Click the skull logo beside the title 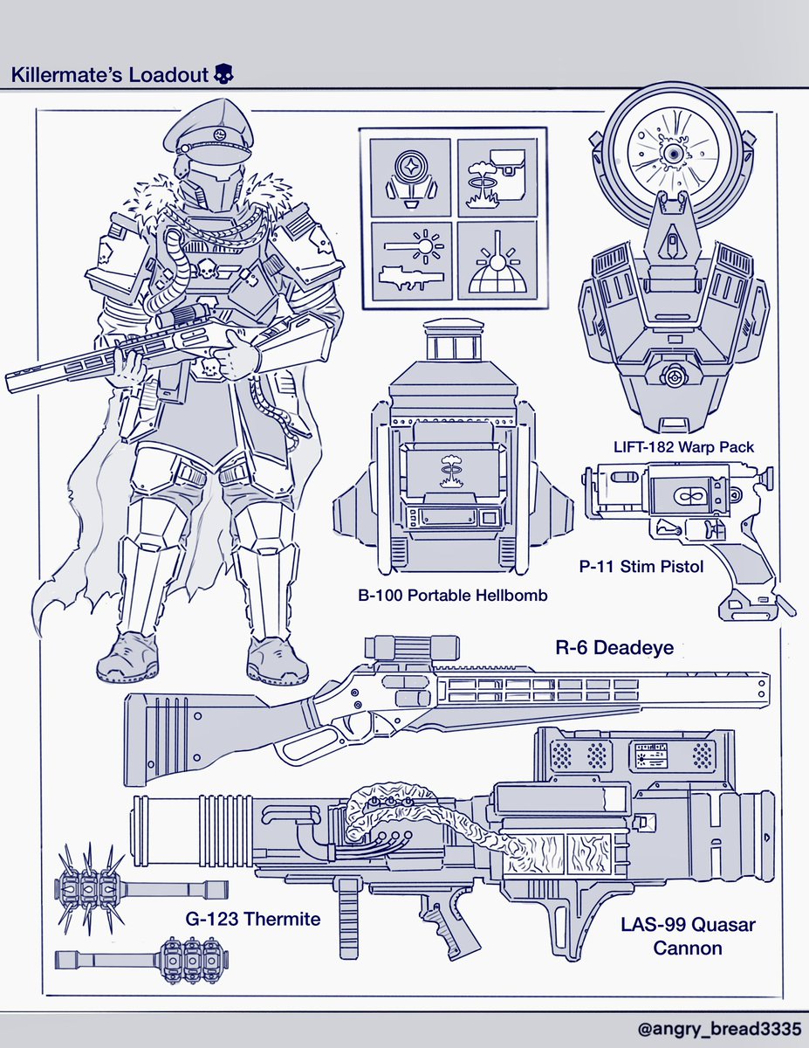click(223, 74)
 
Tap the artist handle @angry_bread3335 click(719, 1029)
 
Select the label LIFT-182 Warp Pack click(683, 446)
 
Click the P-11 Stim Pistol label click(641, 566)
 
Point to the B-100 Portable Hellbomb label click(452, 595)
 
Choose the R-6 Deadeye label click(614, 647)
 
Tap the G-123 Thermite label click(253, 918)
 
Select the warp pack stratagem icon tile click(410, 178)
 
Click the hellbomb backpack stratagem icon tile click(497, 178)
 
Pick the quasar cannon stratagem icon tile click(410, 261)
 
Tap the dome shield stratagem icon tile click(497, 261)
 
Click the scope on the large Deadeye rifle click(412, 647)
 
